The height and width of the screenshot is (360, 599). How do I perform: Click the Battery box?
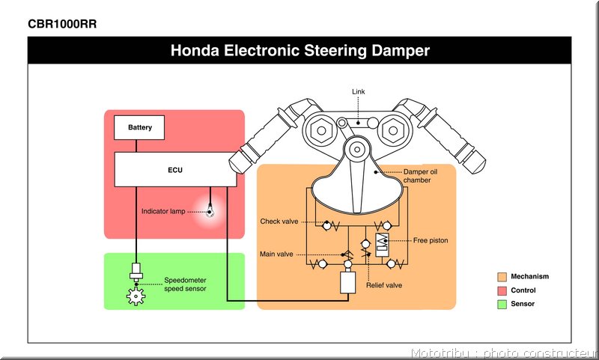coord(139,127)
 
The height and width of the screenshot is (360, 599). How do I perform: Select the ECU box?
coord(175,169)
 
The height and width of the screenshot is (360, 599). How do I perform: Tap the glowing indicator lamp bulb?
coord(210,211)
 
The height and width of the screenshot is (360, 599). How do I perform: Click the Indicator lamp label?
coord(163,211)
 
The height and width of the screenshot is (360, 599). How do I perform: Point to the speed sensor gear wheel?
coord(136,296)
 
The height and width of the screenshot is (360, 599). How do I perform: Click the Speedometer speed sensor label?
coord(185,284)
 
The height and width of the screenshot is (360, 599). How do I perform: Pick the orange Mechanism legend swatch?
coord(502,277)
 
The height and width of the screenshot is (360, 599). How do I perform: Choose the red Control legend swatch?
coord(502,290)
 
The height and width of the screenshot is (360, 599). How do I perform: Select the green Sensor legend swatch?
coord(502,305)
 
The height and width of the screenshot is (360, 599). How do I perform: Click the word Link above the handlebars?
coord(359,91)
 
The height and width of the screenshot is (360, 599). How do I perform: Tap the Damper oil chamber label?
coord(420,176)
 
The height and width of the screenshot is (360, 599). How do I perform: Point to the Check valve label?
coord(279,222)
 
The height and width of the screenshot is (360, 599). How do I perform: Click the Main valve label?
coord(276,254)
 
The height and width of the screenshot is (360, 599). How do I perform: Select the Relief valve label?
coord(384,285)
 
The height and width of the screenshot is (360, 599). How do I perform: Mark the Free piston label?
coord(431,240)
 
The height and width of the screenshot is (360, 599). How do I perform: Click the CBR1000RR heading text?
coord(62,24)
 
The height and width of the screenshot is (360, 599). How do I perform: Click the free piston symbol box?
coord(382,245)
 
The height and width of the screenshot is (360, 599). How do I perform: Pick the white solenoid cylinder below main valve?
coord(347,282)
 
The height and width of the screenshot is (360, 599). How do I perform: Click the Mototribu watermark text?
coord(440,353)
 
